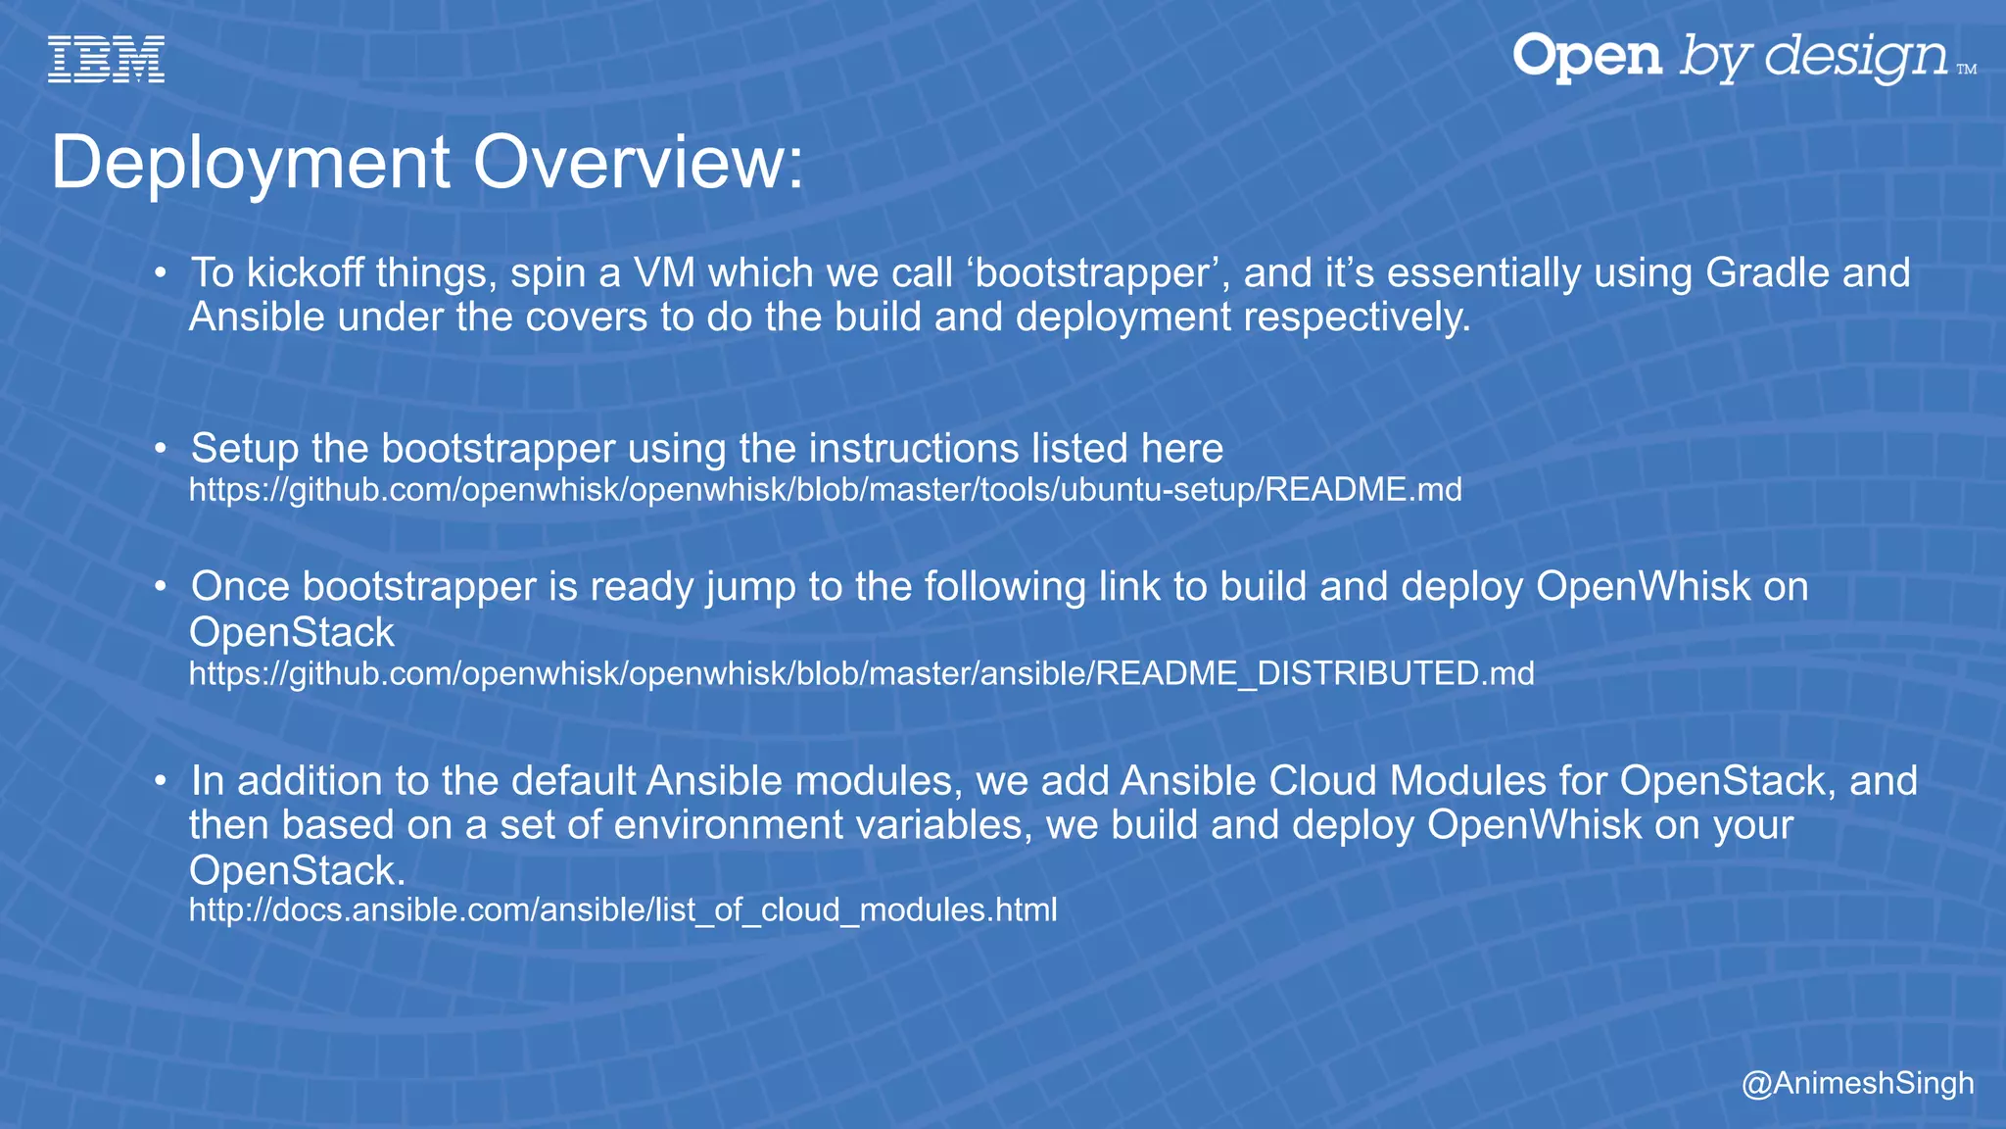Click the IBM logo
click(x=106, y=59)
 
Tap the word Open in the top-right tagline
click(x=1587, y=57)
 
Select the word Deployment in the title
click(x=251, y=162)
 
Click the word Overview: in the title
click(x=639, y=162)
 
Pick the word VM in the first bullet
click(x=665, y=272)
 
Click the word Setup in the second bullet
click(x=245, y=449)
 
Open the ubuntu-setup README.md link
click(x=825, y=489)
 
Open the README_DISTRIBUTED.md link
click(x=861, y=673)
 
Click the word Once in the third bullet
click(x=240, y=587)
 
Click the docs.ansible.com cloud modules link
click(x=623, y=910)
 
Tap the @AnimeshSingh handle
click(x=1857, y=1083)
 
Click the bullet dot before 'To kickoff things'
click(x=161, y=272)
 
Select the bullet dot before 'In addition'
click(x=161, y=781)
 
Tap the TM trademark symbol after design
click(x=1966, y=70)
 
